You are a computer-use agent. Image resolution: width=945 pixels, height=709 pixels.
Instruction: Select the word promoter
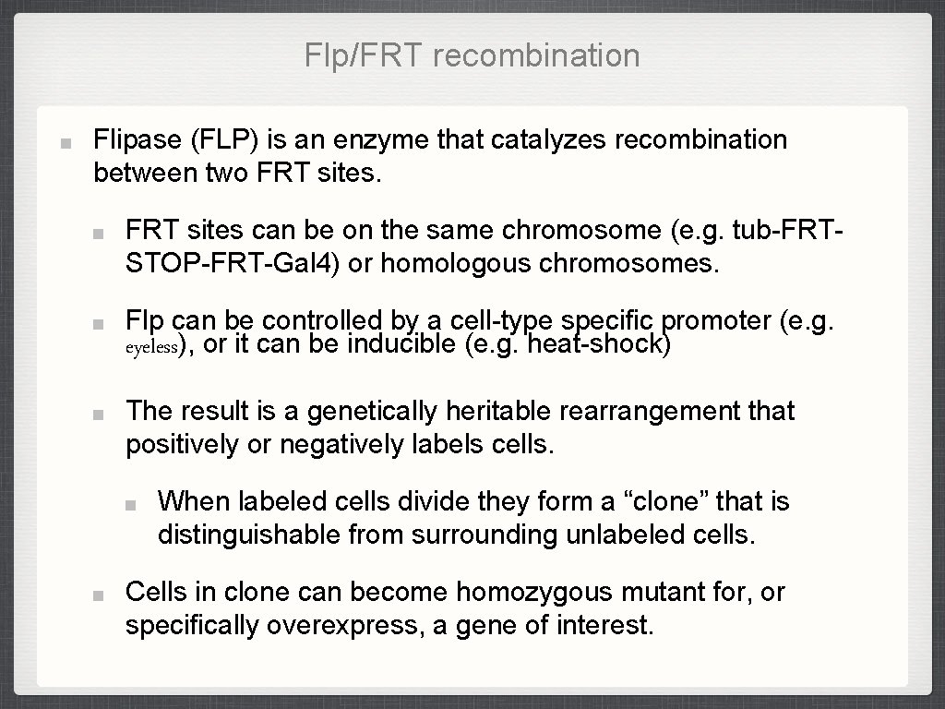click(717, 321)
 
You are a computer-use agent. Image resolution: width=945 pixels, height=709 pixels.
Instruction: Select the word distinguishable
click(248, 535)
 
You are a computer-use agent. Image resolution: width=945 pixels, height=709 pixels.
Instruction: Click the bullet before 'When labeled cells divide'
click(132, 505)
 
